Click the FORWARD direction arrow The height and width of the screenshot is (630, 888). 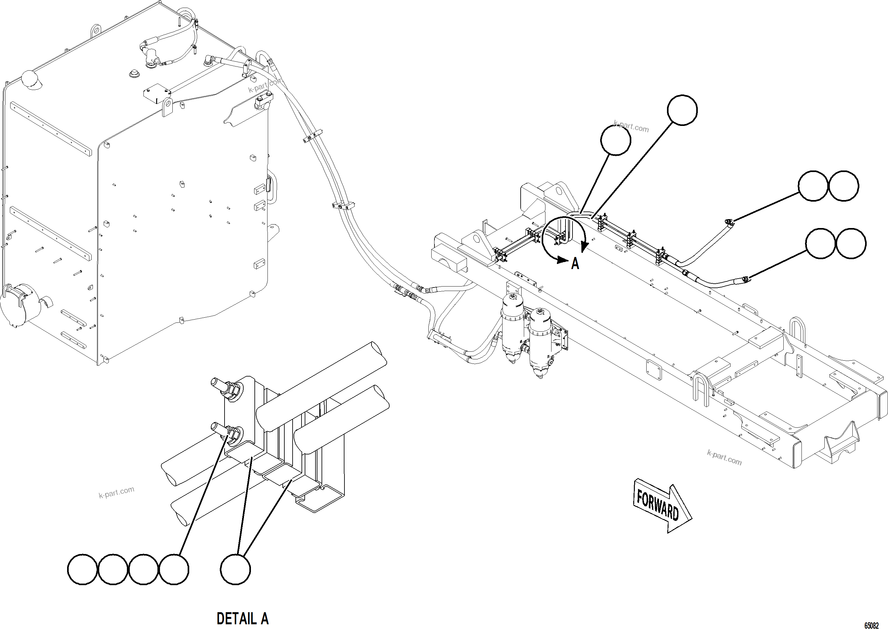click(662, 506)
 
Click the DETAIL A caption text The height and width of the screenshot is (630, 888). click(242, 618)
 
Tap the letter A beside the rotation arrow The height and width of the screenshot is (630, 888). click(575, 264)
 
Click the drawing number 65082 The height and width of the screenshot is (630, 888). click(871, 625)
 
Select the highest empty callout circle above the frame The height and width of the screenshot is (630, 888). click(682, 110)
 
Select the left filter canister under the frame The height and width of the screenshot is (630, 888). click(512, 330)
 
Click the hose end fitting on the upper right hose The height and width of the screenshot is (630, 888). click(729, 222)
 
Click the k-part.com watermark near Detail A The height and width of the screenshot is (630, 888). click(116, 492)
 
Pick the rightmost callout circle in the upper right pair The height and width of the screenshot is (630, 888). click(843, 186)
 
